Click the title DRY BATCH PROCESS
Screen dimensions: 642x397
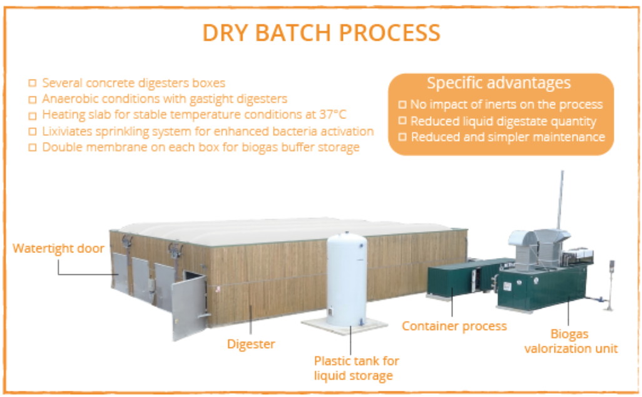tap(322, 33)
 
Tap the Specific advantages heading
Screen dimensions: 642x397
tap(499, 83)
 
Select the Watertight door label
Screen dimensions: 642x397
tap(59, 248)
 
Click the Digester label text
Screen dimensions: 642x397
tap(251, 344)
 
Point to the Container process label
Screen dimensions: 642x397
tap(454, 326)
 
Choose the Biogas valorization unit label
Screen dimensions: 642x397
tap(571, 341)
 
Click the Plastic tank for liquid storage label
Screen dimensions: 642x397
tap(356, 368)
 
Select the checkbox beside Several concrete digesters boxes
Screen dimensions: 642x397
tap(33, 83)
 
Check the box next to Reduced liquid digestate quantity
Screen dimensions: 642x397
tap(402, 121)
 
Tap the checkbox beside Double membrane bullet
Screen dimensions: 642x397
tap(33, 148)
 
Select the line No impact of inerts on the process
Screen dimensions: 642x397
tap(506, 105)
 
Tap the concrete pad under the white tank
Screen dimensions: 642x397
tap(344, 326)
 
